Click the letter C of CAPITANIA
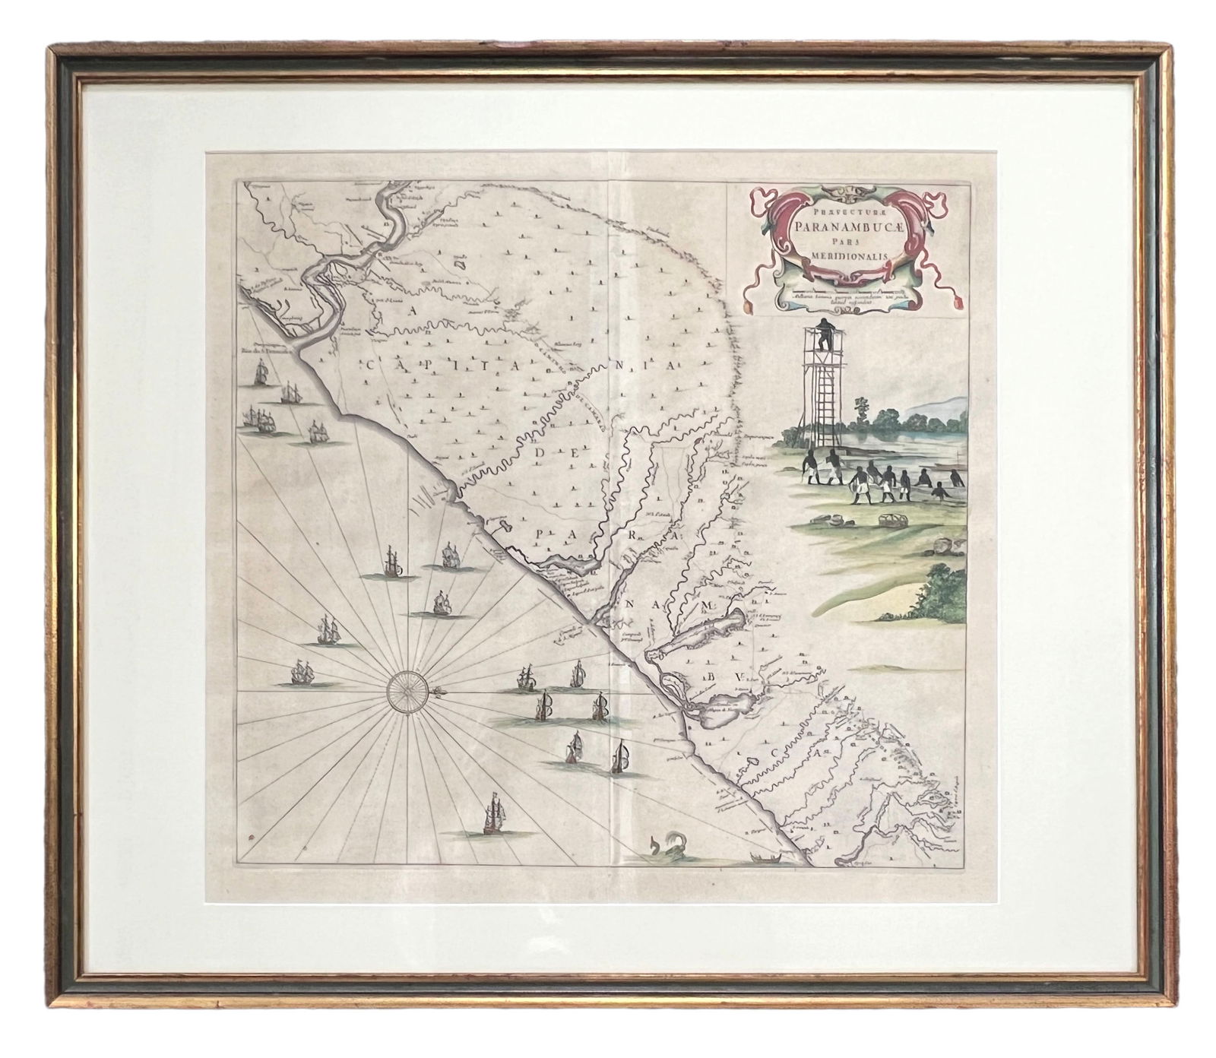pyautogui.click(x=371, y=366)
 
